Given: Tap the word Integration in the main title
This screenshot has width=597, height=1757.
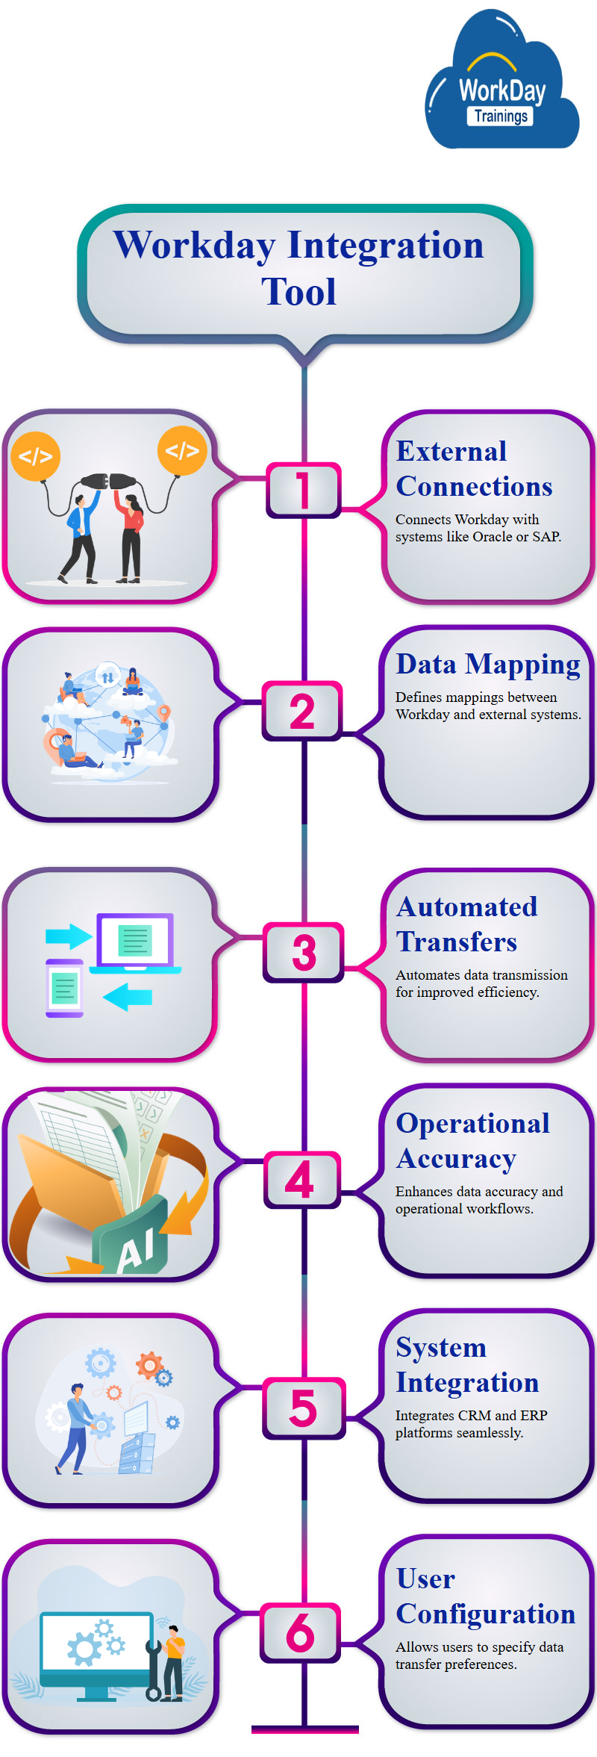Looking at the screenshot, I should (x=386, y=246).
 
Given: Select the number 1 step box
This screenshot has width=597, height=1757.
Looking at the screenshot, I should (x=303, y=490).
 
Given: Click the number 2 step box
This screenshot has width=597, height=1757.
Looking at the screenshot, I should (x=302, y=710).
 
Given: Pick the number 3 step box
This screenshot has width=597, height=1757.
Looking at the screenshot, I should (x=304, y=952).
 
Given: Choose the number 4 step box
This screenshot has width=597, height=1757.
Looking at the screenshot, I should (x=301, y=1180).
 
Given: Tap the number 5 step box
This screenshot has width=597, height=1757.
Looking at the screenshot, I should (x=304, y=1408).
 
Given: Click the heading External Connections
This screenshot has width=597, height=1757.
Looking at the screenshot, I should (x=473, y=469).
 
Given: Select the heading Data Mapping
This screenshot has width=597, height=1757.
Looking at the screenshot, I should (x=488, y=664).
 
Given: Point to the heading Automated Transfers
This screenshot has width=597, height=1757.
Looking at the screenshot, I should (x=466, y=924).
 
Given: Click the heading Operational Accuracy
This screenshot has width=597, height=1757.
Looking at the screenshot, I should (x=472, y=1141).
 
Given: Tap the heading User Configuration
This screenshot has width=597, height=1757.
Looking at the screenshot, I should (x=485, y=1596).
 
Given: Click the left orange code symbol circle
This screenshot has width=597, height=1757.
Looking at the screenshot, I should (x=36, y=455).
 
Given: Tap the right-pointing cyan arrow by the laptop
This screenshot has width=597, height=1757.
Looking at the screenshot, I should (x=68, y=936).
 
